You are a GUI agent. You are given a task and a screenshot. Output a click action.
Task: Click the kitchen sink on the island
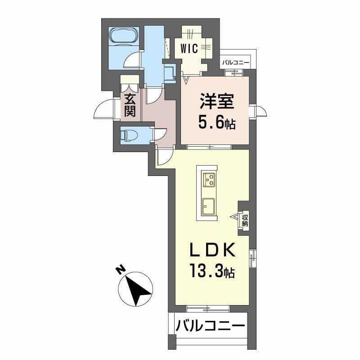coord(209,206)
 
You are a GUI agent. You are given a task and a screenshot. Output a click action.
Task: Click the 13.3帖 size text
coord(211,272)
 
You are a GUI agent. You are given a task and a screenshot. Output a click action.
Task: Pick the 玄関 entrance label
coord(130,104)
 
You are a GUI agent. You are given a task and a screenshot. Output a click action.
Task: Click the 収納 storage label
coord(245,220)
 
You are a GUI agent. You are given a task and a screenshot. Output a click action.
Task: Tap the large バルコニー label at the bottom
coord(210,325)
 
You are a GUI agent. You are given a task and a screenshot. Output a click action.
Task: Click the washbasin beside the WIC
coord(170,72)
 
